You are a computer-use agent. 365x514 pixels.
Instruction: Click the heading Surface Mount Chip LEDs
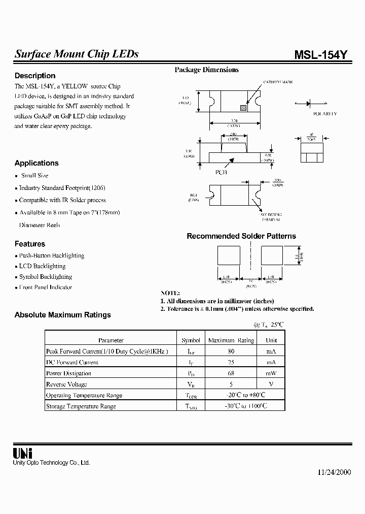[77, 54]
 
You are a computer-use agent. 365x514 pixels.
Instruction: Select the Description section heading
[35, 76]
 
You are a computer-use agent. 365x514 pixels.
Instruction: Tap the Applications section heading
[36, 163]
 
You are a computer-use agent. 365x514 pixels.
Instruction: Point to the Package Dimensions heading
[206, 70]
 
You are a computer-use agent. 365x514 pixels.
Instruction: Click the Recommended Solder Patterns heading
[241, 236]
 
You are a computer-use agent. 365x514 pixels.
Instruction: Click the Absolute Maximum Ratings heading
[63, 315]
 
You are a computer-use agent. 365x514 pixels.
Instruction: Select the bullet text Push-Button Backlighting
[51, 256]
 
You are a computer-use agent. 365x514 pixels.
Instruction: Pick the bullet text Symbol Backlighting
[46, 277]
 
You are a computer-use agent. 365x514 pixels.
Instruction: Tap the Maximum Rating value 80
[231, 351]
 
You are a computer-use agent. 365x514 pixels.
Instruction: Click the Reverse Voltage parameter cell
[66, 384]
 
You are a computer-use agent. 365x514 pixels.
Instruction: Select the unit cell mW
[271, 373]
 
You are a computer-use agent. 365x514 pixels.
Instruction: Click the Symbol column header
[191, 340]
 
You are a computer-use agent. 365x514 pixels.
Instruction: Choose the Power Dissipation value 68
[231, 373]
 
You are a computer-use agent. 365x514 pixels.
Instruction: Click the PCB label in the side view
[222, 172]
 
